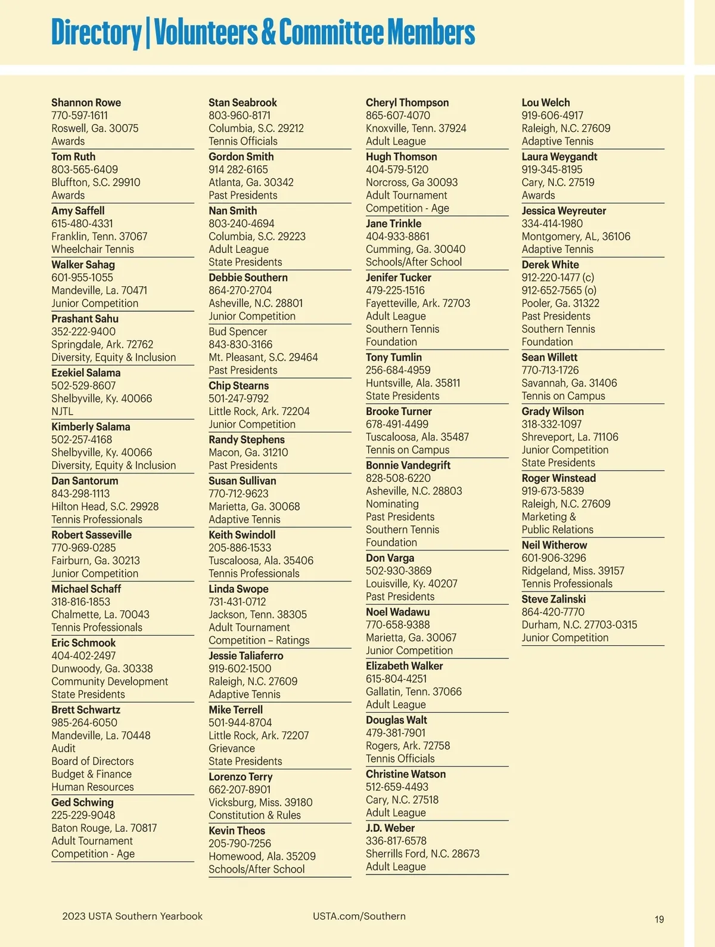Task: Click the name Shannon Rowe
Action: [x=86, y=103]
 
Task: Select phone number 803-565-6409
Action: [x=85, y=169]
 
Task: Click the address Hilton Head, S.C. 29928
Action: [x=105, y=506]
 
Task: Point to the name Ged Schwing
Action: [x=82, y=803]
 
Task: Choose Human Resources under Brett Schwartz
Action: [x=92, y=787]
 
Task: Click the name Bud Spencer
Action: [x=238, y=332]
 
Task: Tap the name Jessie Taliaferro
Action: [x=245, y=655]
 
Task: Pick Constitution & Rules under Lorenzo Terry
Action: [x=254, y=815]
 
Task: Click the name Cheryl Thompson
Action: [x=407, y=103]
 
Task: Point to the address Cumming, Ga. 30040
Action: [x=415, y=249]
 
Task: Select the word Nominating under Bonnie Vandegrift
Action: [x=392, y=504]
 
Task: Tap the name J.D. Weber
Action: [x=390, y=828]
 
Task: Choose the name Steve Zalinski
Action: [x=554, y=599]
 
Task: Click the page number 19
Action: [x=659, y=920]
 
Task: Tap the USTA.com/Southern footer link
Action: [x=359, y=916]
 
